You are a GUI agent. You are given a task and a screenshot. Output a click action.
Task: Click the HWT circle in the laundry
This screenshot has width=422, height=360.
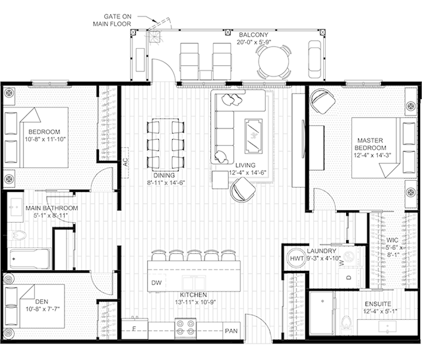[296, 258]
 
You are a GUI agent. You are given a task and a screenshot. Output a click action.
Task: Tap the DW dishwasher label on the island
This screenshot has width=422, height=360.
[156, 282]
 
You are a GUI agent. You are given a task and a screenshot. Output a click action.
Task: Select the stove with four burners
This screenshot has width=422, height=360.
[185, 328]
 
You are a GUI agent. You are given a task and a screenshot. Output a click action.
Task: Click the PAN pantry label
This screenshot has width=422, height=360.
[231, 331]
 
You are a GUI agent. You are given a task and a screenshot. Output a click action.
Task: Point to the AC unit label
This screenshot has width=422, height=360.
[125, 162]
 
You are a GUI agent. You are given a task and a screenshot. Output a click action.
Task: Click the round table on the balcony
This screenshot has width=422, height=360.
[274, 61]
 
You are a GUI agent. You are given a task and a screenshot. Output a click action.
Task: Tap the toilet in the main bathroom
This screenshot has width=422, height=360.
[18, 235]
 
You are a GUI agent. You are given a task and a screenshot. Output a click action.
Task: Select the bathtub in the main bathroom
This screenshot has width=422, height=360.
[29, 258]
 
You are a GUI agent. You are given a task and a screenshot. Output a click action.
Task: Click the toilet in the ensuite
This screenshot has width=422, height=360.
[346, 325]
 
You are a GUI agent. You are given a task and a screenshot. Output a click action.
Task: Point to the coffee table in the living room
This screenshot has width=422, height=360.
[253, 136]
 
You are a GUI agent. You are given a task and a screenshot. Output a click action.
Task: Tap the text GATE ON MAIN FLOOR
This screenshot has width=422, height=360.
[112, 20]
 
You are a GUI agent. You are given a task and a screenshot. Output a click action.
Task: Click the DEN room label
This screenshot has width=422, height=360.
[42, 302]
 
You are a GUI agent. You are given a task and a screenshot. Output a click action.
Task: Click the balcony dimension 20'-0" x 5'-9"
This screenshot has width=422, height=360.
[254, 42]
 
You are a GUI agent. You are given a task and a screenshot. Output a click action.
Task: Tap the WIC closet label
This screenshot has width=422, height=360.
[392, 240]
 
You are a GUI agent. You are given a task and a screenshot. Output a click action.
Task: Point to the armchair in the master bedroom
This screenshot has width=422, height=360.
[322, 101]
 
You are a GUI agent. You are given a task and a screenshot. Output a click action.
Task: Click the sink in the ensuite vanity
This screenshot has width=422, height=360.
[387, 326]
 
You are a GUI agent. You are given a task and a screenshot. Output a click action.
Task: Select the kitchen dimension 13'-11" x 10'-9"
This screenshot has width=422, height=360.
[196, 302]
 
